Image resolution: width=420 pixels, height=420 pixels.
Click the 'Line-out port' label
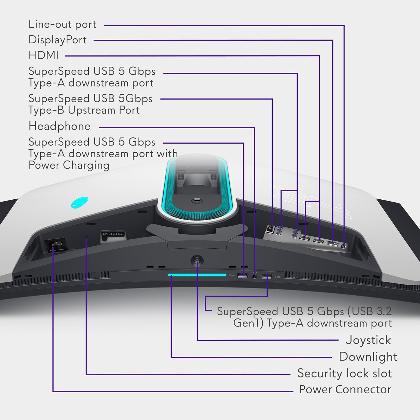[62, 25]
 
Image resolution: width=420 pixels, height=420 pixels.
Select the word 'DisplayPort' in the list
[58, 40]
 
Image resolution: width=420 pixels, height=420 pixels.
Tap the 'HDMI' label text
[43, 55]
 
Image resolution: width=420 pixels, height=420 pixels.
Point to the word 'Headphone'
[60, 126]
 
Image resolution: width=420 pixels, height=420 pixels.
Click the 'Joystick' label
[368, 340]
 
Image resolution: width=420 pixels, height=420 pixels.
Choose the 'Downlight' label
[368, 357]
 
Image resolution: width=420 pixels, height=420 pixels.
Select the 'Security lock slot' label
[344, 373]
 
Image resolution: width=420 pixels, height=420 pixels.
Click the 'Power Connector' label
[345, 389]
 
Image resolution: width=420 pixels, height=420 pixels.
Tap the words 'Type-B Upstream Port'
[84, 110]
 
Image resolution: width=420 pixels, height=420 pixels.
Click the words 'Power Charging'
[69, 165]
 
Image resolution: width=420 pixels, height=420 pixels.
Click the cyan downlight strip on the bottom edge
[197, 275]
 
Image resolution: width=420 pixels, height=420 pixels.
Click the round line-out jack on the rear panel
[344, 246]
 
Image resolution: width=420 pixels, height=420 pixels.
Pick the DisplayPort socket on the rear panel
[332, 244]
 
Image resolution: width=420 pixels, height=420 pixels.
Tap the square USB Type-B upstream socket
[270, 228]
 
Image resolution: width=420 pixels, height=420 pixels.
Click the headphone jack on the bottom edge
[255, 276]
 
